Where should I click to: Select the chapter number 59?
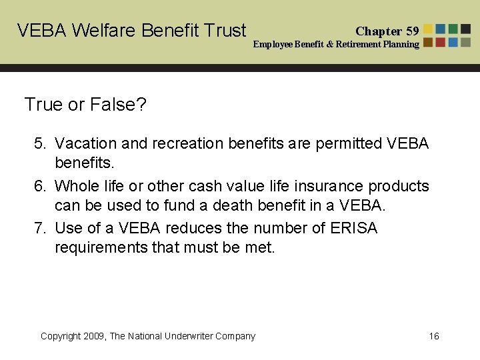tap(413, 31)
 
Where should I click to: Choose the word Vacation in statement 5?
tap(84, 143)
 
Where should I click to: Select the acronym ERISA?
tap(353, 228)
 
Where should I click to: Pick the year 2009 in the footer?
tap(96, 336)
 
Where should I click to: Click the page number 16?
tap(434, 336)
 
